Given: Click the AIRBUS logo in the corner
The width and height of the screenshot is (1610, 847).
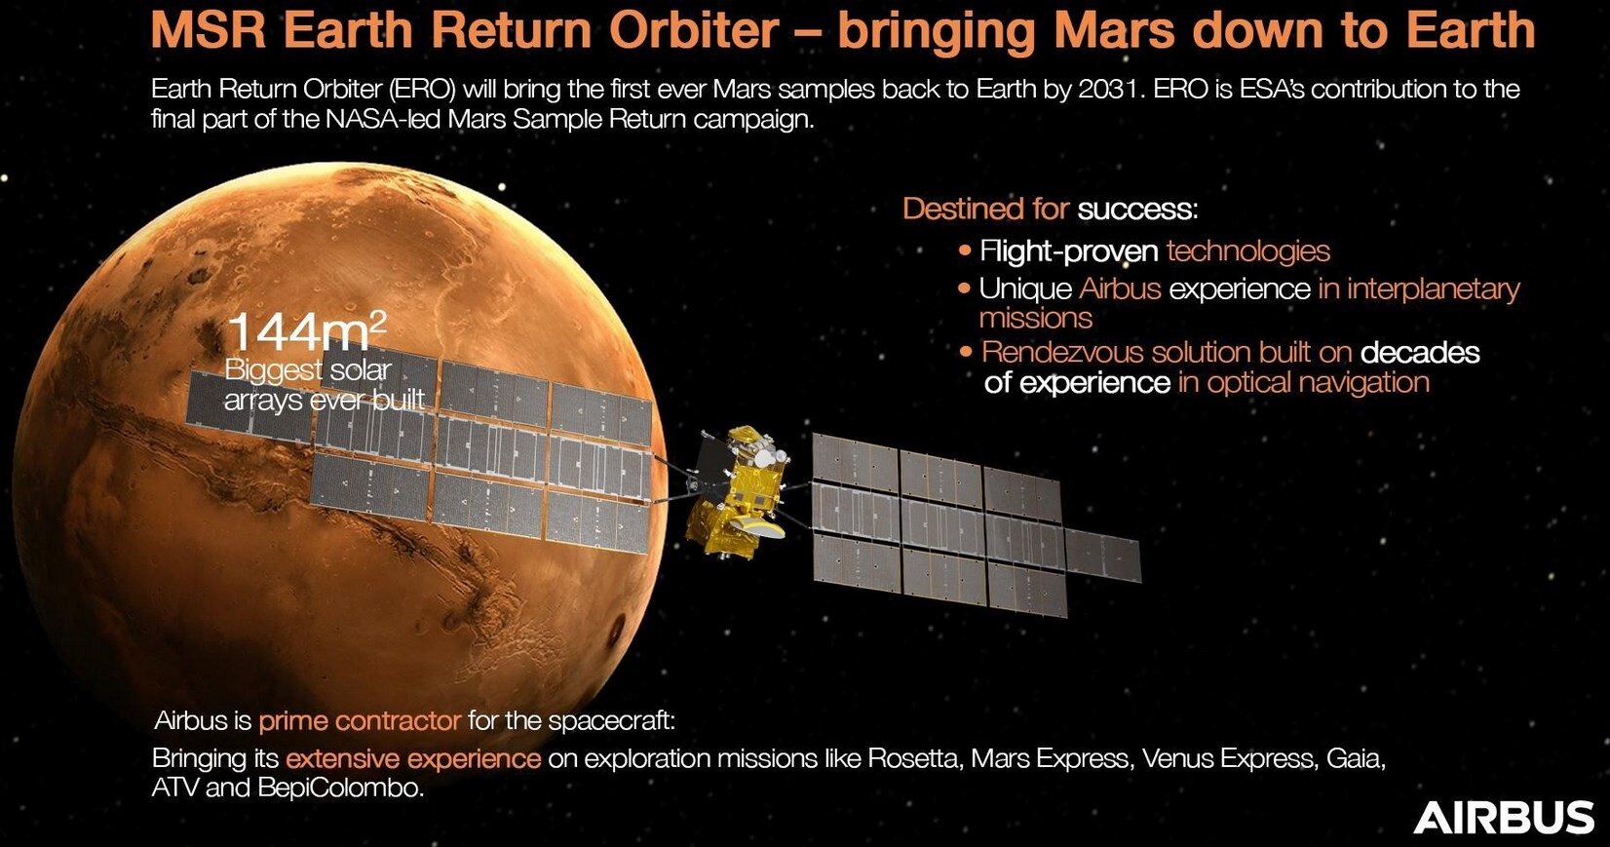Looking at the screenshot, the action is tap(1503, 818).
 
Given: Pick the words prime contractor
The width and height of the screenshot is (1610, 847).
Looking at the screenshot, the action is tap(360, 721).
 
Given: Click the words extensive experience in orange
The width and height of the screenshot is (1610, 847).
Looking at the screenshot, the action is tap(413, 759).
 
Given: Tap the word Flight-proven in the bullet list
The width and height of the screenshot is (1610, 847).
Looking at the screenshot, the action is tap(1069, 251).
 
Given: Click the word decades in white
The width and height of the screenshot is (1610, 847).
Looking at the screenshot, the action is tap(1420, 352).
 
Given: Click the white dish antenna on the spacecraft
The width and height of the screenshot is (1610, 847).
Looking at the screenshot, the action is tap(759, 526).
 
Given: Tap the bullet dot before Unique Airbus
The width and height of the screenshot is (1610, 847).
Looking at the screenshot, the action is tap(965, 289).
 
